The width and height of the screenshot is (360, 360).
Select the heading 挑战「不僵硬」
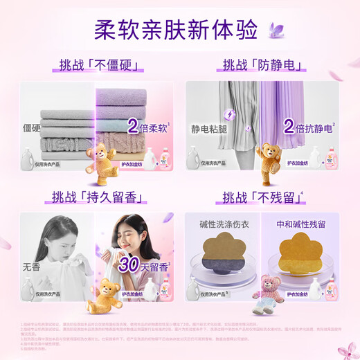[x=97, y=66]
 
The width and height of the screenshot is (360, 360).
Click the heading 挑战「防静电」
[x=262, y=66]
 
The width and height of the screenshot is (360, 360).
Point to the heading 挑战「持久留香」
[x=96, y=197]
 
